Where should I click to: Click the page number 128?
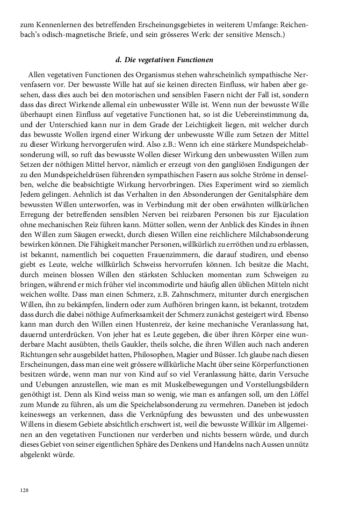pos(24,490)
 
